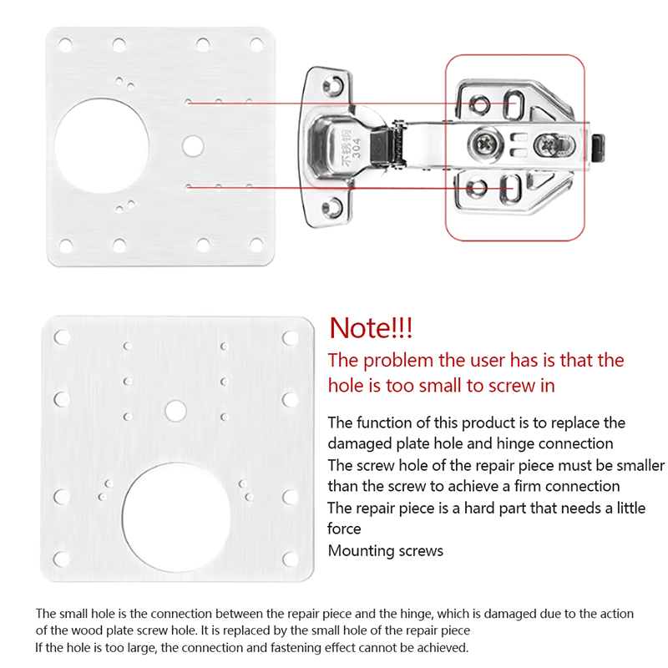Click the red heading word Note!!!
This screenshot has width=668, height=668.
click(x=371, y=328)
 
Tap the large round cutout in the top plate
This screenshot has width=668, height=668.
click(x=102, y=145)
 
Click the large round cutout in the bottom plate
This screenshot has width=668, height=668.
click(x=176, y=517)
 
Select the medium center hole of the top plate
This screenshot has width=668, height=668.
click(x=193, y=145)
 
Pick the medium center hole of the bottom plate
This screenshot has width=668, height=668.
click(x=175, y=411)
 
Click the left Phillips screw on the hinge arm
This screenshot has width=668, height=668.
click(x=485, y=144)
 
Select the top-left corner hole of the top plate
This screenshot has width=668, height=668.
click(x=65, y=45)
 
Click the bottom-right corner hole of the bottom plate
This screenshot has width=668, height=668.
click(x=290, y=559)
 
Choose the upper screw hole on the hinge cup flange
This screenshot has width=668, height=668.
click(x=332, y=84)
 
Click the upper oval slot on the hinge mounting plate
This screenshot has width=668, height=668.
click(x=513, y=104)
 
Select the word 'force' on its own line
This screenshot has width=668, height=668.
click(x=344, y=529)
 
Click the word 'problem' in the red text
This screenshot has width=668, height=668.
click(x=398, y=361)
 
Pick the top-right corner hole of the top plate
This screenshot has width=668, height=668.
click(x=256, y=45)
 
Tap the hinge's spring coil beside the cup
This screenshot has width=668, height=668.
click(x=398, y=144)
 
